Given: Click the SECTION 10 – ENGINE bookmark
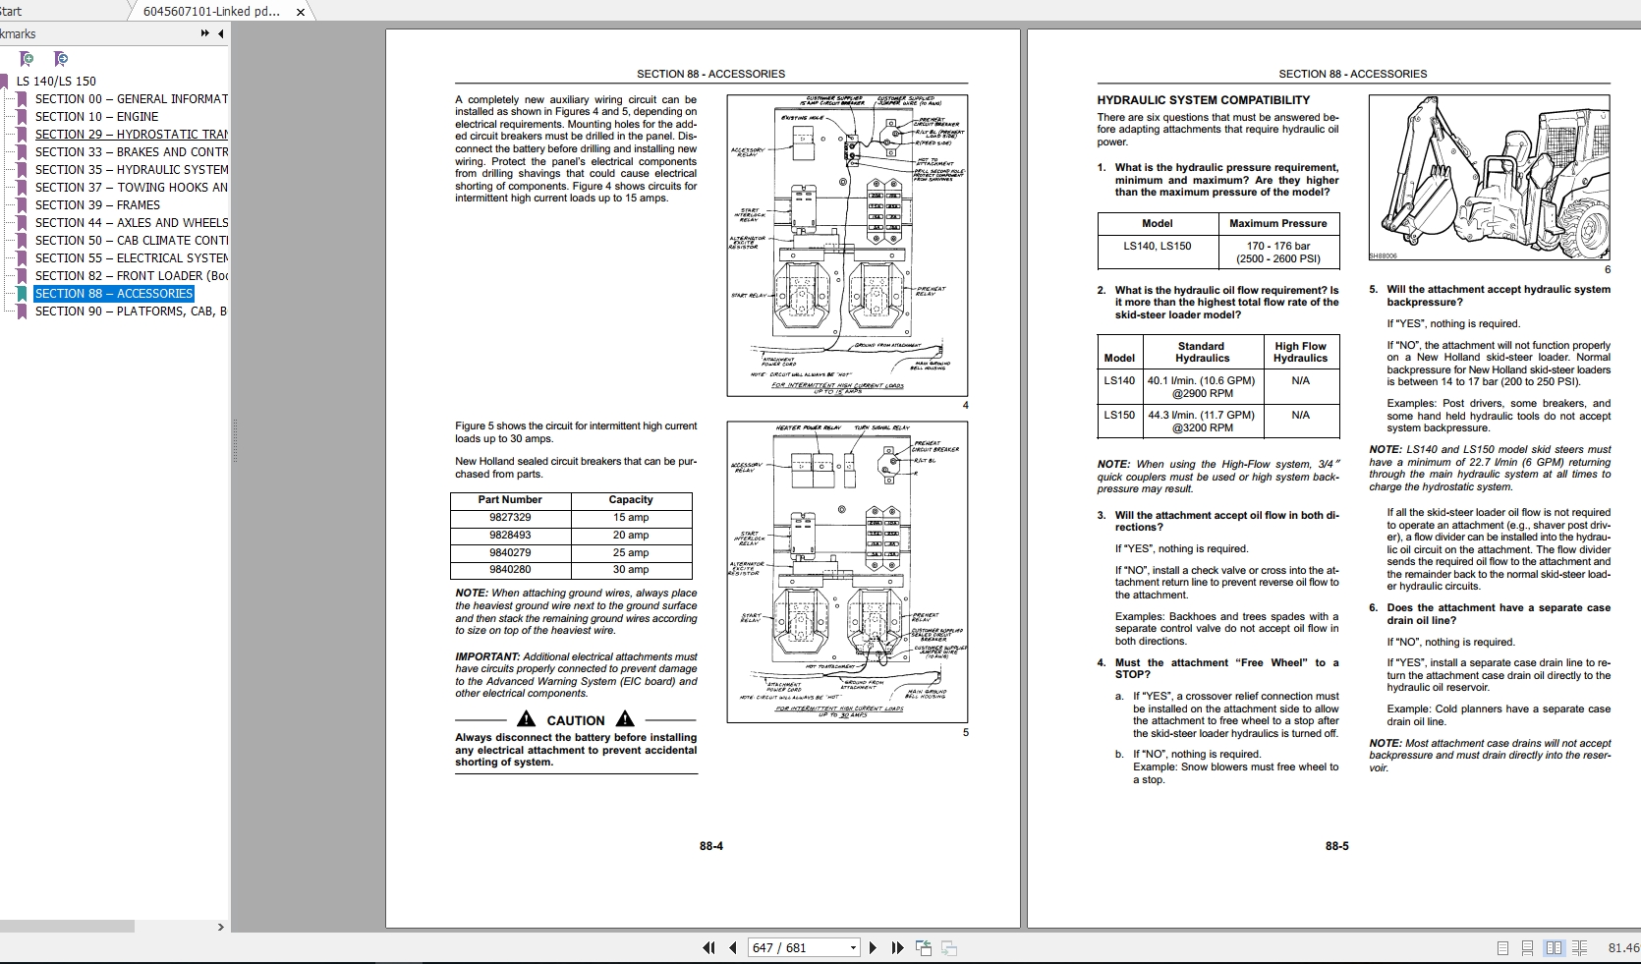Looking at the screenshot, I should click(96, 116).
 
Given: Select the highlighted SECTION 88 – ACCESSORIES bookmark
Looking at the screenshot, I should click(114, 293).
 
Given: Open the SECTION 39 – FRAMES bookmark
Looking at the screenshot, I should click(97, 204).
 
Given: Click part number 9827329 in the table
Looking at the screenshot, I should click(510, 517).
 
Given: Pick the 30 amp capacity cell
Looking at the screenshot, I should click(630, 569).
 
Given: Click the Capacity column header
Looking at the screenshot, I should click(630, 499).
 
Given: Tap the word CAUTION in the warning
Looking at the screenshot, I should click(575, 720).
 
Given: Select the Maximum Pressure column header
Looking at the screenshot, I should click(1277, 223).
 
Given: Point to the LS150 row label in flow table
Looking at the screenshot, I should click(1118, 415).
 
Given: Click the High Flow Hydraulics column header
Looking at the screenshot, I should click(1300, 352).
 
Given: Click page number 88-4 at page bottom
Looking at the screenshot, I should click(711, 846).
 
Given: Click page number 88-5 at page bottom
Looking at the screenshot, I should click(1336, 846).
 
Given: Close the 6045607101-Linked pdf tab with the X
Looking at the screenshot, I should click(301, 12).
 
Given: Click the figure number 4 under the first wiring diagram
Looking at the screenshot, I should click(965, 405).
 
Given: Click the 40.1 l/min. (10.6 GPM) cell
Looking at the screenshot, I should click(1201, 386).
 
